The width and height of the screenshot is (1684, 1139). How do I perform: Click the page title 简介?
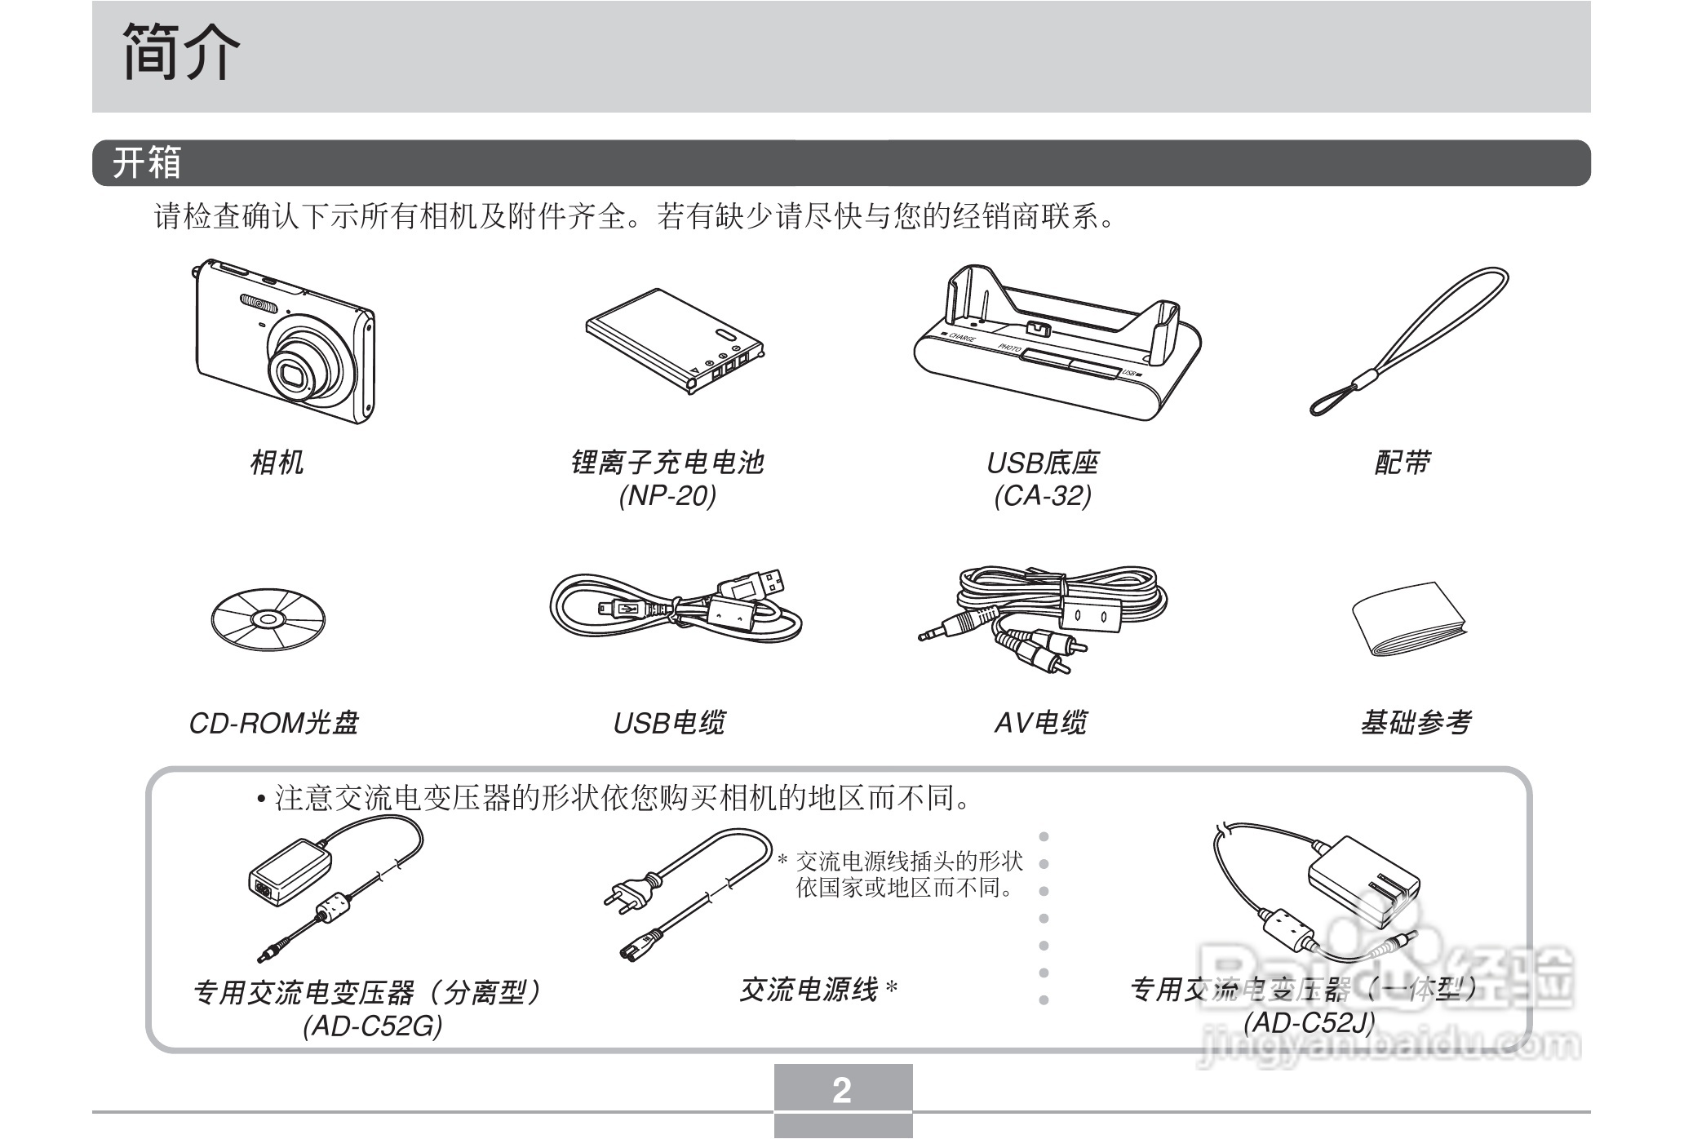[x=181, y=52]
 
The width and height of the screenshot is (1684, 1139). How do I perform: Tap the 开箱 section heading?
[x=146, y=163]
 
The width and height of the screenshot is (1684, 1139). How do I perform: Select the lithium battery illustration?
[x=673, y=339]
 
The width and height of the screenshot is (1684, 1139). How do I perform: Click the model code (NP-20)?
[x=667, y=495]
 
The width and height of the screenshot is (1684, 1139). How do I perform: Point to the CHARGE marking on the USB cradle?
[x=960, y=337]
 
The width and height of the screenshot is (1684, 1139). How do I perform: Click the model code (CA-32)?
[x=1042, y=495]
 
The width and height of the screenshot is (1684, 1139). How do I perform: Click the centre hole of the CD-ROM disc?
[x=268, y=619]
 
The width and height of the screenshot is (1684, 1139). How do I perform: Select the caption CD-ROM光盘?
[x=273, y=723]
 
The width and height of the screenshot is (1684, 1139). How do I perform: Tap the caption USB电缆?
[x=668, y=723]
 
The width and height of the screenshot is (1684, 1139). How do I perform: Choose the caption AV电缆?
[x=1039, y=723]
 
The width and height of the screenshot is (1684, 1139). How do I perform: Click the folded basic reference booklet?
[x=1407, y=620]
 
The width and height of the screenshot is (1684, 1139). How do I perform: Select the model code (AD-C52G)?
[x=372, y=1026]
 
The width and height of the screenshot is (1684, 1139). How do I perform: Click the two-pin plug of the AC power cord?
[x=632, y=891]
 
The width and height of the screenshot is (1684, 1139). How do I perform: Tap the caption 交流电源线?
[x=808, y=990]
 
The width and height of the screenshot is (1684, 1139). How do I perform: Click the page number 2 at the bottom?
[x=842, y=1090]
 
